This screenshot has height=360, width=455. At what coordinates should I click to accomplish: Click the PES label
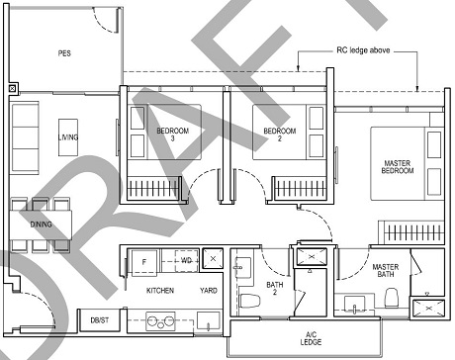(x=64, y=53)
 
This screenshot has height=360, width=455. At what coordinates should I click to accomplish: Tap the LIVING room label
(x=67, y=136)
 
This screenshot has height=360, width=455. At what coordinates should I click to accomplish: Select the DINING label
(x=41, y=225)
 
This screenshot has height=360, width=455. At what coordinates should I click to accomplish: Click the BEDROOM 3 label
(x=171, y=135)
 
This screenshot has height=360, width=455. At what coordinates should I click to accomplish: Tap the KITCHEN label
(x=161, y=291)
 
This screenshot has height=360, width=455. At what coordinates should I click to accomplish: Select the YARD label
(x=209, y=291)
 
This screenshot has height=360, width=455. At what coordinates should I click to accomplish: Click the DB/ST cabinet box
(x=99, y=320)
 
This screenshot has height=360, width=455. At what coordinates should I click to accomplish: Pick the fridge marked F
(x=144, y=261)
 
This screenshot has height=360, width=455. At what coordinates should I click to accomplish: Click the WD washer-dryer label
(x=185, y=260)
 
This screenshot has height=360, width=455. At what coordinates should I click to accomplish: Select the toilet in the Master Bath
(x=391, y=297)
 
